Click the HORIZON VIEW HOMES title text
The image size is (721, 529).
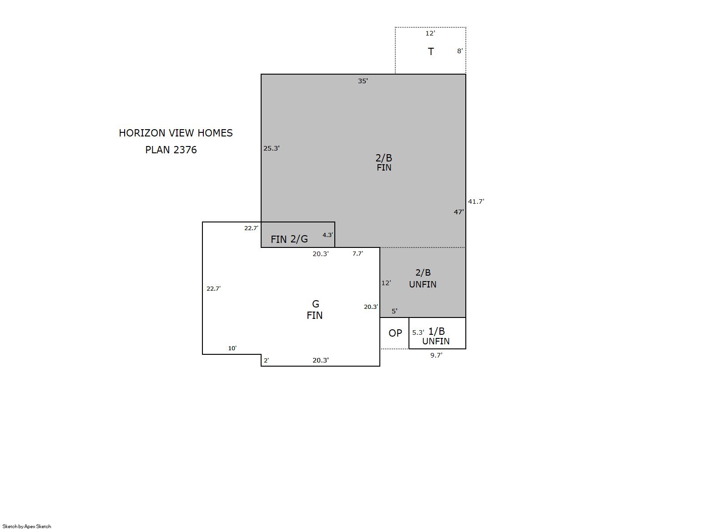point(176,133)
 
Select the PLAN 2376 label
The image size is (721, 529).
point(171,150)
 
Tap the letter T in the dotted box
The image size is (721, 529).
point(431,51)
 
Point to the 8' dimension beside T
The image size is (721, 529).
point(460,51)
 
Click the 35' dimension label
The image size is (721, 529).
point(363,81)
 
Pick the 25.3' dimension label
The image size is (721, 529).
point(271,148)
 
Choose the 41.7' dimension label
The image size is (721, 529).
point(476,202)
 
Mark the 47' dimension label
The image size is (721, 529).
point(459,212)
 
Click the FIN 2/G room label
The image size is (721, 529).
point(289,239)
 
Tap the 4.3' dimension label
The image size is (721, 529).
point(328,235)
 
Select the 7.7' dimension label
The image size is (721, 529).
point(358,253)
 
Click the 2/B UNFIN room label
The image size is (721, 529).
point(423,278)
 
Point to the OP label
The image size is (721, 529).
point(395,333)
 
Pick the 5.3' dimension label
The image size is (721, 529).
point(418,333)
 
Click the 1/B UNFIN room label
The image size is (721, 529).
point(436,336)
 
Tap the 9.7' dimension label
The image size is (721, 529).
point(436,355)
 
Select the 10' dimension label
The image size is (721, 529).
point(232,348)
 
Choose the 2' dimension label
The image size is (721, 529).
point(267,361)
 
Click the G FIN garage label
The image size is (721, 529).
point(315,310)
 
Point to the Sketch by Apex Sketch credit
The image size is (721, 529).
point(27,526)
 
